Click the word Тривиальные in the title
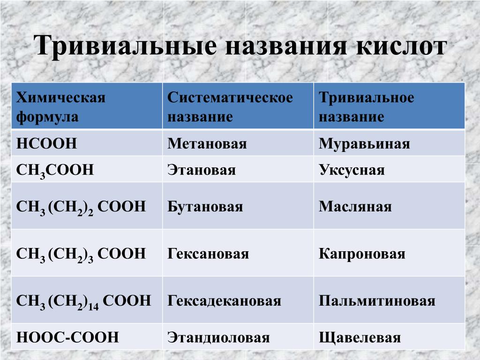click(x=125, y=46)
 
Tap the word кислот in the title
click(x=401, y=46)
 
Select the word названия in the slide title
click(x=286, y=46)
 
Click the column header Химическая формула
click(x=60, y=107)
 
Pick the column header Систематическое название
click(x=230, y=107)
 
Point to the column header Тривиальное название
click(x=367, y=107)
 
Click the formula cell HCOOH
click(x=46, y=143)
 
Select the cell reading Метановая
click(x=207, y=143)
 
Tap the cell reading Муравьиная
click(x=364, y=143)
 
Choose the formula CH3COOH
click(x=55, y=171)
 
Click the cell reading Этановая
click(x=202, y=170)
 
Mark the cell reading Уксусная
click(x=352, y=170)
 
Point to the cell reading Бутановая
click(x=205, y=207)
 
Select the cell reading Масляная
click(x=355, y=207)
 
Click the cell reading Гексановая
click(x=208, y=254)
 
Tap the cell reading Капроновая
click(x=362, y=254)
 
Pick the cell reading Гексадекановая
click(x=224, y=301)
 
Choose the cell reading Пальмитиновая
click(x=377, y=301)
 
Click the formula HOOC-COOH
click(x=67, y=337)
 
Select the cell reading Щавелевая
click(x=360, y=337)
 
